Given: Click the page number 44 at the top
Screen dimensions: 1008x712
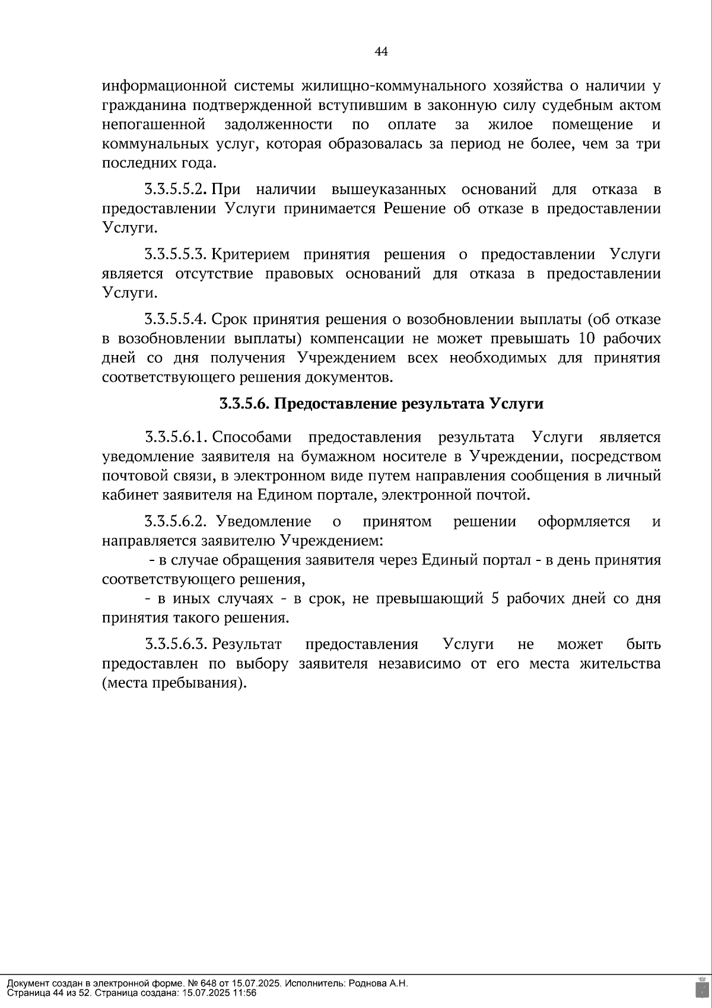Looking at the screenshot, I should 381,52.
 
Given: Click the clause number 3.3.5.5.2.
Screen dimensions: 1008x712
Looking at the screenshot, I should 176,190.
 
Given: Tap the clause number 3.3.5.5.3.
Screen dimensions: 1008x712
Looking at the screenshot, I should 176,255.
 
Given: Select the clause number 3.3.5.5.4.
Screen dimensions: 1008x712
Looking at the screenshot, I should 176,319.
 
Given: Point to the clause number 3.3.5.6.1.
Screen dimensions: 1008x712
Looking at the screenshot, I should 176,438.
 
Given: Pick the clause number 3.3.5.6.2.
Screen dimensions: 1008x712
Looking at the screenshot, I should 176,522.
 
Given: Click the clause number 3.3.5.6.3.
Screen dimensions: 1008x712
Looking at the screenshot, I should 176,645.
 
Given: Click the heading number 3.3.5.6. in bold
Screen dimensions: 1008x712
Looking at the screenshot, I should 245,404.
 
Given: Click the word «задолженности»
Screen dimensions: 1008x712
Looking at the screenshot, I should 278,125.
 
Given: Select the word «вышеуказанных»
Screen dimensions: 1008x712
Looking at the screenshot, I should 389,190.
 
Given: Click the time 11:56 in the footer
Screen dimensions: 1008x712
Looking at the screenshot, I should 245,993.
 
